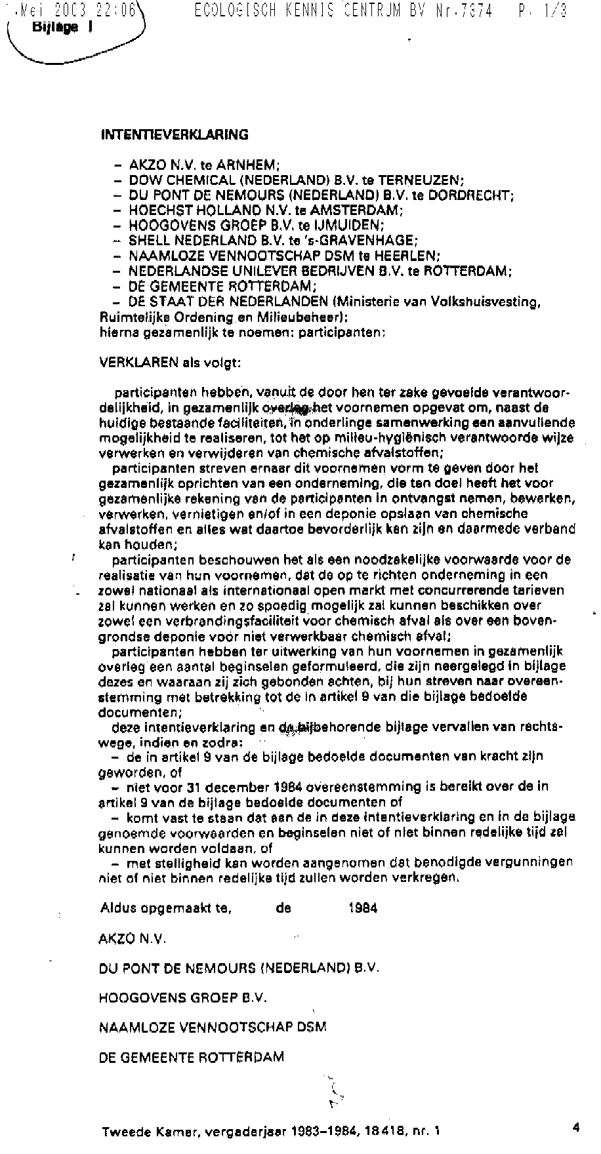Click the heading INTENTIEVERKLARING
175,135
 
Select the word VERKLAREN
129,362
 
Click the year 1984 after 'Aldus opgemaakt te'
363,908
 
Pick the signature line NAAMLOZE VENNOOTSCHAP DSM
213,1027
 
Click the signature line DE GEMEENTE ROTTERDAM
192,1057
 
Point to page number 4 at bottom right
575,1128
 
